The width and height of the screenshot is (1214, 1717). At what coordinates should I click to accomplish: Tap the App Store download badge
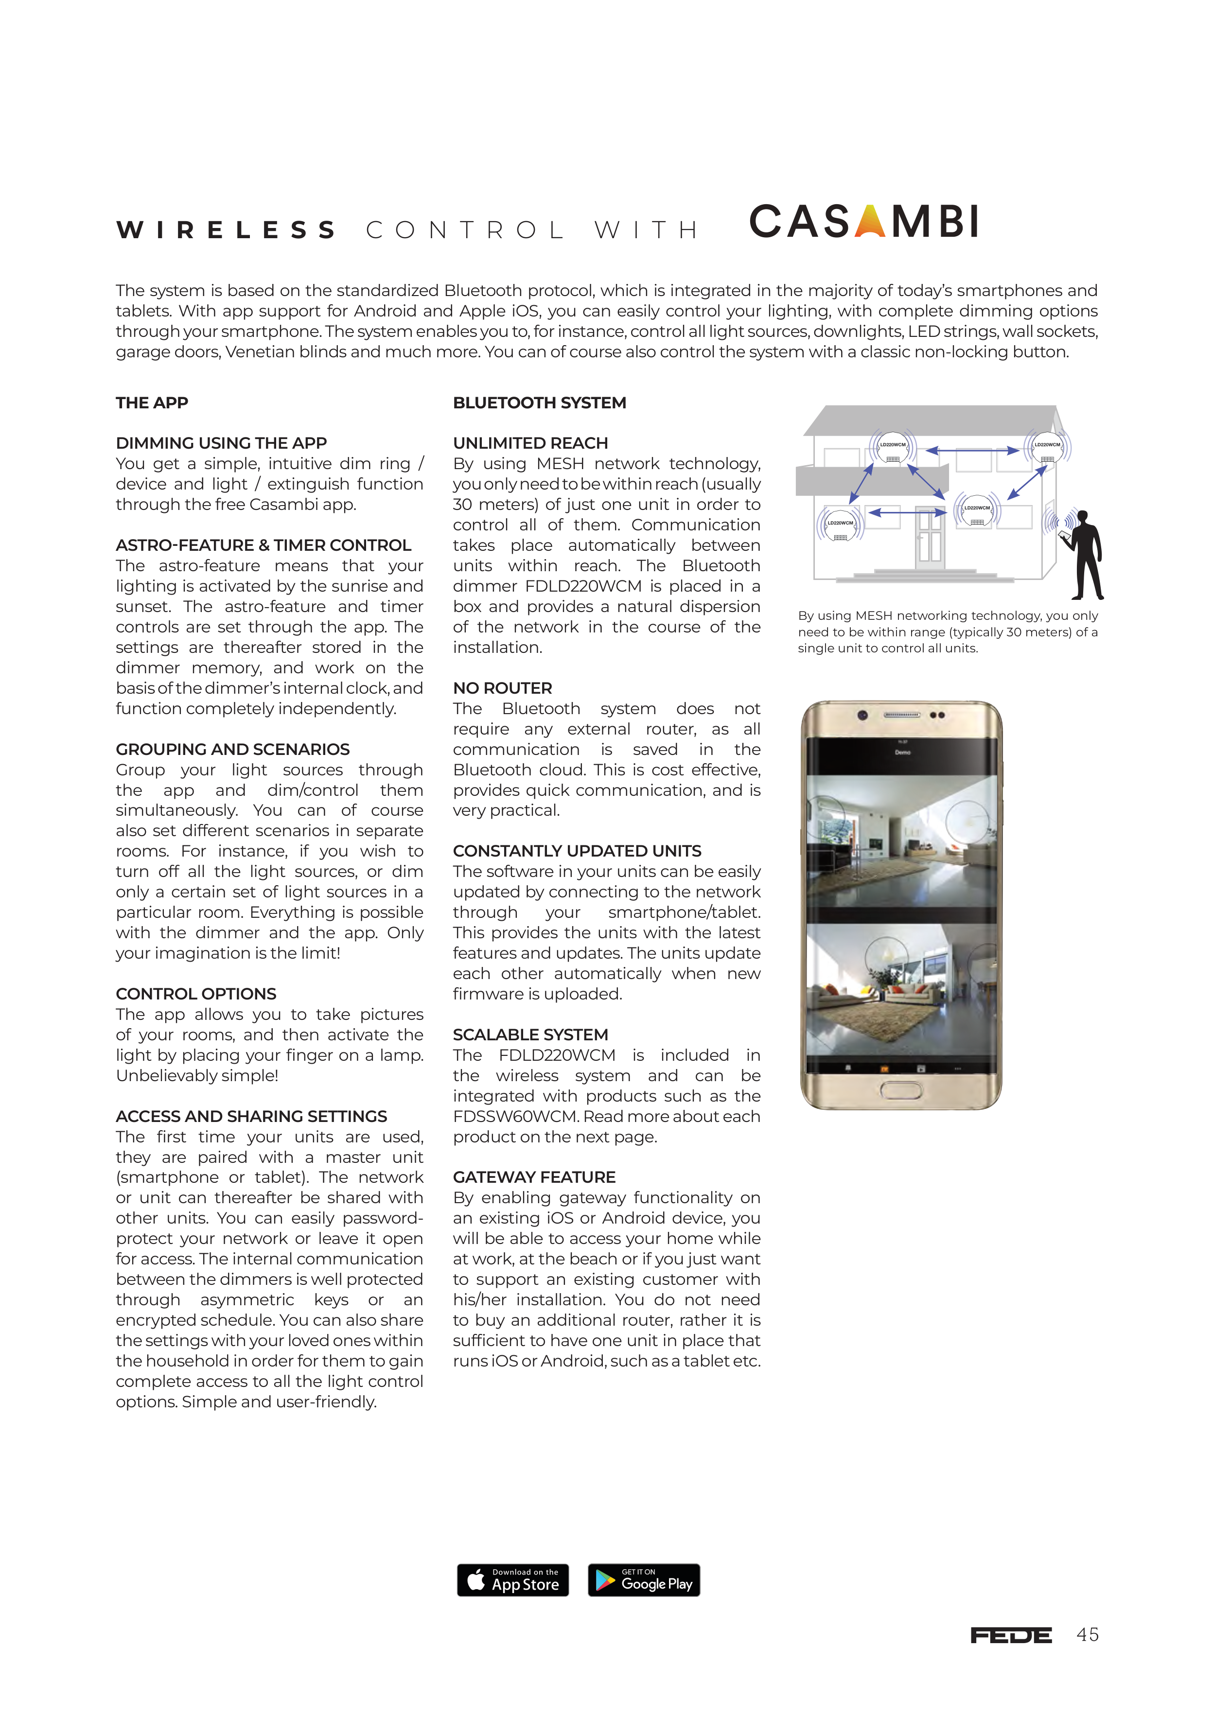(x=512, y=1580)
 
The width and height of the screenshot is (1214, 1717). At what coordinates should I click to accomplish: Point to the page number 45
(x=1088, y=1635)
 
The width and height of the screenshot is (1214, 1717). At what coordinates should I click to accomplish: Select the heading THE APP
(x=152, y=403)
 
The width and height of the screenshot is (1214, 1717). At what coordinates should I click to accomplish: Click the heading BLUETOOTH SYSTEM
(x=539, y=403)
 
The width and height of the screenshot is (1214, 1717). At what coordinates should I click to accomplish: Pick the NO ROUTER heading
(x=503, y=688)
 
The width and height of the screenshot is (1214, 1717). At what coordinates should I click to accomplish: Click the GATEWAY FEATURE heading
(x=534, y=1177)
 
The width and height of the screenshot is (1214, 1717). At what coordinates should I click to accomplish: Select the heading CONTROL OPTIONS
(x=196, y=994)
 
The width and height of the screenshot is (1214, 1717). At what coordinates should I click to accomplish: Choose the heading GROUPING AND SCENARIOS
(x=232, y=749)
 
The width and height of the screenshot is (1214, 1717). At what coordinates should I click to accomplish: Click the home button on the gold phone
(x=901, y=1091)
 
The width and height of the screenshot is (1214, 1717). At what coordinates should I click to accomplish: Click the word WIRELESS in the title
(x=227, y=230)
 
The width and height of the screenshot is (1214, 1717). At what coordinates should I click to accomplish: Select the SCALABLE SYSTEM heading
(x=530, y=1035)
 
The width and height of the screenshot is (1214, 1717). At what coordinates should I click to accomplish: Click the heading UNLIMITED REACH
(x=530, y=443)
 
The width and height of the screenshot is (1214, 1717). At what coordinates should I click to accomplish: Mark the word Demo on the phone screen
(x=903, y=753)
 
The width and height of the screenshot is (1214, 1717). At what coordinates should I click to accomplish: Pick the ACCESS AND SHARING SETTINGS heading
(x=251, y=1117)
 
